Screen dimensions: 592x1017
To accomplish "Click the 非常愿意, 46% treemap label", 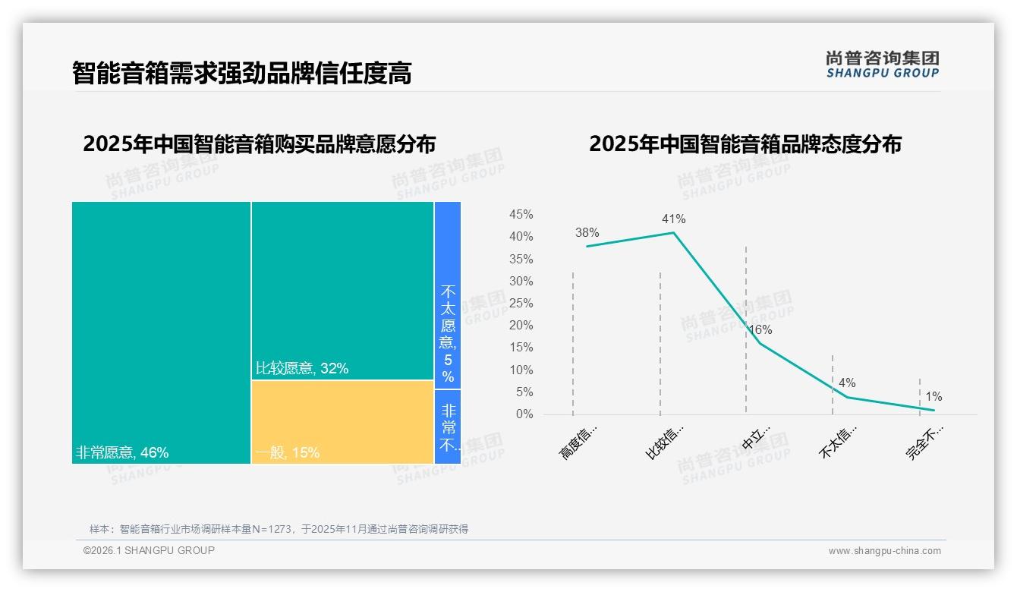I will coord(122,453).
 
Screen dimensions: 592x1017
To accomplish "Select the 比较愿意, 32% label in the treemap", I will coord(302,369).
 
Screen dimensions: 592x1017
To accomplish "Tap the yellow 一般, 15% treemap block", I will coord(342,422).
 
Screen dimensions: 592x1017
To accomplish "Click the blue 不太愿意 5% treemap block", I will coord(448,295).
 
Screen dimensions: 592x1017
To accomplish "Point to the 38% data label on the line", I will coord(587,233).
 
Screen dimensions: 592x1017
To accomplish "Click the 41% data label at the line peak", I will coord(673,219).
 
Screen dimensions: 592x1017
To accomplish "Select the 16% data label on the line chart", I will coord(760,330).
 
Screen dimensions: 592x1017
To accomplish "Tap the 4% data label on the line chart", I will coord(847,383).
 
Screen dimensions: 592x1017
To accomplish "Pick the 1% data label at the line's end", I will coord(934,397).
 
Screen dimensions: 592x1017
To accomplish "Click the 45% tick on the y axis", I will coord(521,215).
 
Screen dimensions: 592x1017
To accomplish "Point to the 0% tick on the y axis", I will coord(524,414).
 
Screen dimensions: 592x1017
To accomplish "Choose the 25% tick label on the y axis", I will coord(521,304).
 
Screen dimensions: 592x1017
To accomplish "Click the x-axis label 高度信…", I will coord(579,442).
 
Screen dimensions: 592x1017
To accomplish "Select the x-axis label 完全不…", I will coord(925,442).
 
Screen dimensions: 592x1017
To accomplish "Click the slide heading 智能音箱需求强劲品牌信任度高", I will coord(242,74).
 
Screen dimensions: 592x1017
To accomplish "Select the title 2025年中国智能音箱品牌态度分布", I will coord(745,144).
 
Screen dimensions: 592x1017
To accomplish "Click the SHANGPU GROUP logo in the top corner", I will coord(882,65).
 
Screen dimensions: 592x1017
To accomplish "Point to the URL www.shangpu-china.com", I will coord(884,551).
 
